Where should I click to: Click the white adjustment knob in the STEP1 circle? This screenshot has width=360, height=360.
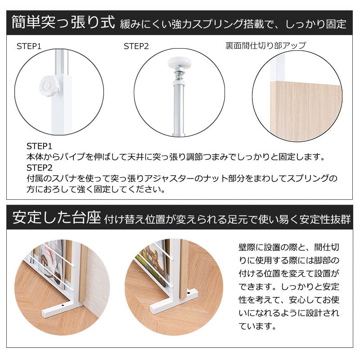[49, 86]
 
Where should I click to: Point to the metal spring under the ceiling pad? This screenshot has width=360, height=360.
[179, 73]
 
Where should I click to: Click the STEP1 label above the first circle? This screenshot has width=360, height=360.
[29, 46]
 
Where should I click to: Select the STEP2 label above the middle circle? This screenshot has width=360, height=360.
[136, 46]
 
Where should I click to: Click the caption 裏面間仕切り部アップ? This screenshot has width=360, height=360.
[265, 45]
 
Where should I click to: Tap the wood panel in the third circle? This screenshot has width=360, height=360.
[306, 111]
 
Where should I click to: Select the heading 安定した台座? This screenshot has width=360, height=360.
[57, 217]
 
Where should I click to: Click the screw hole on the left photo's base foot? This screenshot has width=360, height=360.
[63, 306]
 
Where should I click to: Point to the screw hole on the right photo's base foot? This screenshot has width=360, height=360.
[188, 293]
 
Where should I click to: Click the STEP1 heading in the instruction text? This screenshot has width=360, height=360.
[39, 146]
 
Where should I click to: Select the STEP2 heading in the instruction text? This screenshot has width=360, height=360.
[39, 168]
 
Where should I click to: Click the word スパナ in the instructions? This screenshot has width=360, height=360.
[65, 178]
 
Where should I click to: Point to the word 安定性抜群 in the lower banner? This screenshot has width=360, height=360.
[325, 219]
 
